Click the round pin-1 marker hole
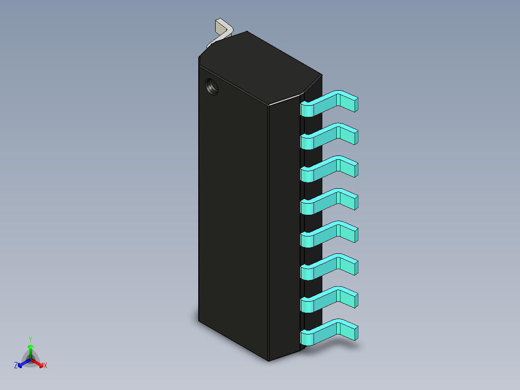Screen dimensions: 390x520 pyautogui.click(x=211, y=86)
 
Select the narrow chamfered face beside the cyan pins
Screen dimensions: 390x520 pyautogui.click(x=285, y=227)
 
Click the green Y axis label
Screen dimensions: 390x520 pyautogui.click(x=30, y=339)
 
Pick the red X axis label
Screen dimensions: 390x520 pyautogui.click(x=45, y=366)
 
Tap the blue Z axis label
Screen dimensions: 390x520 pyautogui.click(x=16, y=366)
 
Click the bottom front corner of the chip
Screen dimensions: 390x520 pyautogui.click(x=269, y=360)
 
